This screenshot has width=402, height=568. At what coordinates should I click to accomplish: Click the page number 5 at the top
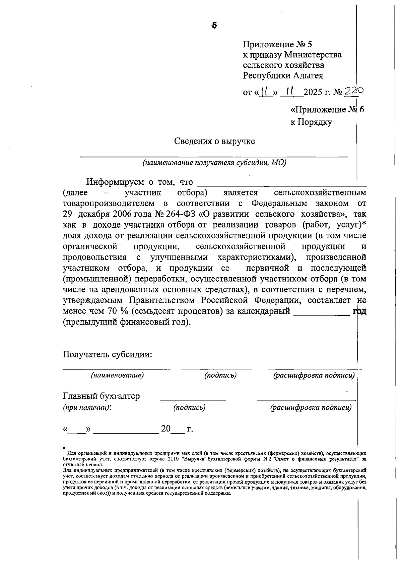click(214, 25)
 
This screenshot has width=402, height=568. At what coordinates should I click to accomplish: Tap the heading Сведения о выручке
click(214, 141)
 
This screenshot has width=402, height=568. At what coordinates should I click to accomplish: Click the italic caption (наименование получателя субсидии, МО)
click(214, 163)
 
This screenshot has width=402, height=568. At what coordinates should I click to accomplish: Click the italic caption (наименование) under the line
click(117, 375)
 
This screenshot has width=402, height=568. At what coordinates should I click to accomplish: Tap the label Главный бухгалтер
click(101, 396)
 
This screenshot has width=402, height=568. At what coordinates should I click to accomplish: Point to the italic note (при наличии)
click(86, 407)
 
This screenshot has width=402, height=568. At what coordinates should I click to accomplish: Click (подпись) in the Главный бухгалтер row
click(189, 407)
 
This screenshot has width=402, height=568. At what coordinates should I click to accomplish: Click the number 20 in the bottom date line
click(166, 429)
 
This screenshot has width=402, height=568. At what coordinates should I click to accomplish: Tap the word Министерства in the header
click(313, 55)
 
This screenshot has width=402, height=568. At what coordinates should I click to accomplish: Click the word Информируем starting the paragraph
click(115, 182)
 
